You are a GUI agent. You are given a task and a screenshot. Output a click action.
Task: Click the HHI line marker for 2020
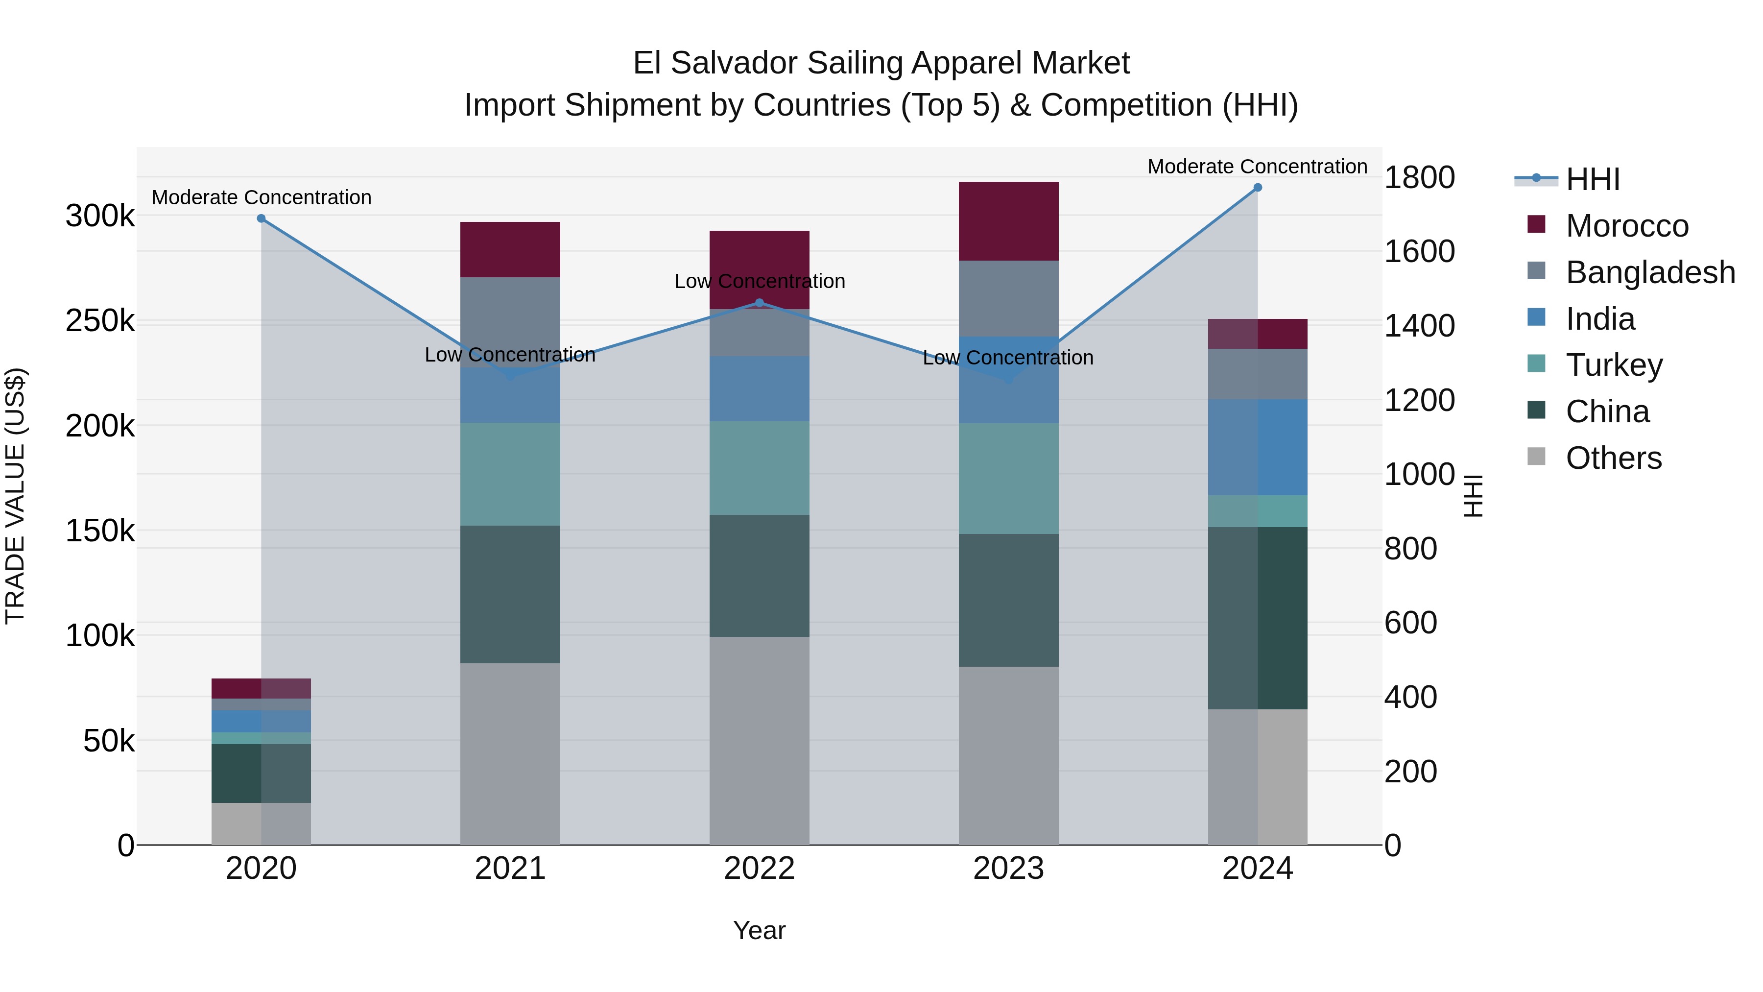pos(261,218)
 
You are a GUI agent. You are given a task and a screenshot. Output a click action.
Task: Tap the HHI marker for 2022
pos(759,303)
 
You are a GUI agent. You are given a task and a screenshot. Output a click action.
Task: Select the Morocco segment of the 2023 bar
pos(1008,221)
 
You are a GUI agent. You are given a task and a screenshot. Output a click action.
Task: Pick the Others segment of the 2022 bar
pos(759,741)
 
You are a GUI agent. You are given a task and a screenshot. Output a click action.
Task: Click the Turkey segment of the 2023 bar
pos(1008,479)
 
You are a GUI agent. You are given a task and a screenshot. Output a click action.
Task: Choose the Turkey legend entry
pos(1613,365)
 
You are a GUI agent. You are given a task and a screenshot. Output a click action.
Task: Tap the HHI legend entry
pos(1592,179)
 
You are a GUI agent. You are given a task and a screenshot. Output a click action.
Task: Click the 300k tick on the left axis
pos(100,217)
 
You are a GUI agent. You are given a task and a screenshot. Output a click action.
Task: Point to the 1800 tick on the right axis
pos(1419,178)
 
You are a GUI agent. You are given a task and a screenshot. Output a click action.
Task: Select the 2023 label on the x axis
pos(1008,869)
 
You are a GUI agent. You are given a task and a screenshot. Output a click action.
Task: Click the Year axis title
pos(759,930)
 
